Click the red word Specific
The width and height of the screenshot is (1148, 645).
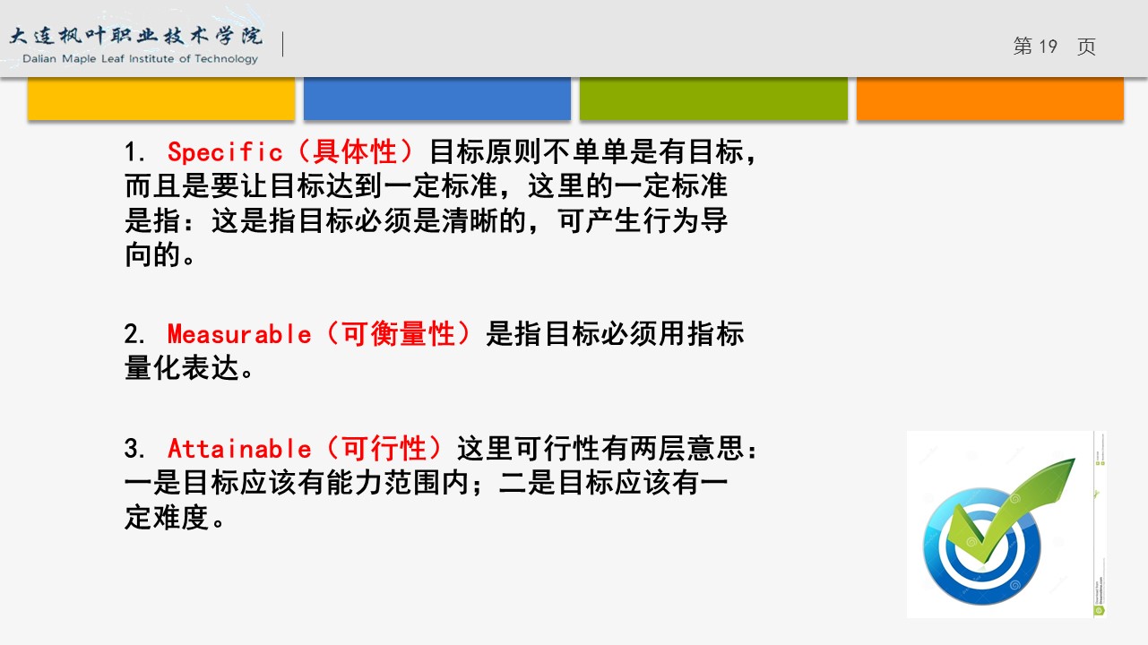(x=225, y=152)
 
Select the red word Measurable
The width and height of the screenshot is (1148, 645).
(x=239, y=334)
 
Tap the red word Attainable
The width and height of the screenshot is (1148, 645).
(x=239, y=449)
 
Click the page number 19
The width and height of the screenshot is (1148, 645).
(x=1048, y=47)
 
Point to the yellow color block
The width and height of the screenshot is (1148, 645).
(x=161, y=99)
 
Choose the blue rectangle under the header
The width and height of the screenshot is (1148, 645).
(x=437, y=99)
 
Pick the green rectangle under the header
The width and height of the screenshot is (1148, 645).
(x=713, y=99)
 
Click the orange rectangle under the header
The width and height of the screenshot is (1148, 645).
(x=990, y=99)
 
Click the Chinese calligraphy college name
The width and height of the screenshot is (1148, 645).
(x=136, y=36)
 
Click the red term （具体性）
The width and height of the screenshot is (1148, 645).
(x=355, y=152)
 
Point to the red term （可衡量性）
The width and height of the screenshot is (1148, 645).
(x=398, y=334)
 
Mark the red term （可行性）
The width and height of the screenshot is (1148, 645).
(x=384, y=448)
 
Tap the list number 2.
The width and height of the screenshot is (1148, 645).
(x=136, y=334)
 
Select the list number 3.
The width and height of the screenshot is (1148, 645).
(x=136, y=449)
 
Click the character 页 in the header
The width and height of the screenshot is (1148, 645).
(x=1086, y=47)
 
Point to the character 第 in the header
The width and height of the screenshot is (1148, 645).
(x=1023, y=46)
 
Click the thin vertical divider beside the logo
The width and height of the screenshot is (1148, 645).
(x=283, y=44)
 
